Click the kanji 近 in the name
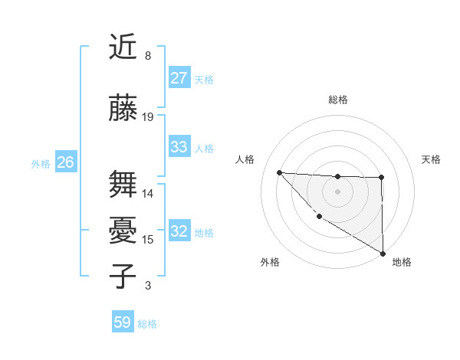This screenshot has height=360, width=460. click(x=123, y=47)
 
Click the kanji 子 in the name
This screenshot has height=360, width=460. click(x=123, y=276)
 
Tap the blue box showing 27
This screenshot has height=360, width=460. click(x=179, y=78)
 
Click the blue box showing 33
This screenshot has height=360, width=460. click(x=179, y=148)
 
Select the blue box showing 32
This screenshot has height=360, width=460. click(x=179, y=232)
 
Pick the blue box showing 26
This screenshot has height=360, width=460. click(x=65, y=162)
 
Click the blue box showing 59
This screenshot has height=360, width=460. click(x=122, y=322)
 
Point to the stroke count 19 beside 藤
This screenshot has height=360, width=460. click(x=148, y=117)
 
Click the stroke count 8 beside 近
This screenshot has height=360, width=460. click(x=147, y=56)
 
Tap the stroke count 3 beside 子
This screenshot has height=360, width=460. click(x=147, y=286)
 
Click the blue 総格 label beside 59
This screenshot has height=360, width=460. click(x=147, y=324)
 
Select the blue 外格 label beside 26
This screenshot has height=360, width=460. click(x=41, y=163)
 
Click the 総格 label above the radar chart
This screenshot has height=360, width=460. click(x=337, y=100)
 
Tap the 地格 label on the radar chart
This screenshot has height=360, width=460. click(x=402, y=262)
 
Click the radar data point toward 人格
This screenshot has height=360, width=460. click(x=279, y=172)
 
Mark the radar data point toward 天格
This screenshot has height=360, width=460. click(x=382, y=178)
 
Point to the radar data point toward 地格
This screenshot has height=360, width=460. click(x=383, y=253)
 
